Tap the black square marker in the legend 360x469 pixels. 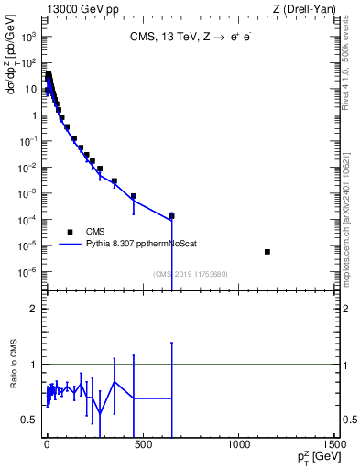click(70, 232)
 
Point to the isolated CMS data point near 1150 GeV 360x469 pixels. click(267, 252)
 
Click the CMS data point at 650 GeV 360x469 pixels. click(171, 216)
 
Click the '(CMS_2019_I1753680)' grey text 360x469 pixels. click(191, 273)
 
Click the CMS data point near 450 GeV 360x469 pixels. click(134, 196)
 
